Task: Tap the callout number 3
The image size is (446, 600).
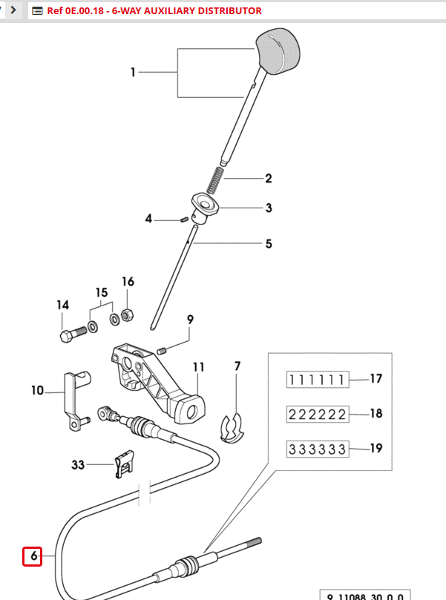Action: pyautogui.click(x=269, y=208)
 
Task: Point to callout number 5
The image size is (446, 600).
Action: pyautogui.click(x=269, y=243)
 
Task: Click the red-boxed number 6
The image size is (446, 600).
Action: pyautogui.click(x=32, y=556)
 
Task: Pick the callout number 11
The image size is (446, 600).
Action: pyautogui.click(x=198, y=367)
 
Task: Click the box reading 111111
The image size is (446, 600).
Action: pyautogui.click(x=317, y=380)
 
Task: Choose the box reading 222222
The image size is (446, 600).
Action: pyautogui.click(x=317, y=414)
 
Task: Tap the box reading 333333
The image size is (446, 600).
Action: pyautogui.click(x=317, y=449)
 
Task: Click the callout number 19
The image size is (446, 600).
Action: pyautogui.click(x=376, y=449)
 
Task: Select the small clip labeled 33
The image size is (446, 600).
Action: pyautogui.click(x=123, y=466)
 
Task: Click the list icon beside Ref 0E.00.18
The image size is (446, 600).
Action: pyautogui.click(x=38, y=11)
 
